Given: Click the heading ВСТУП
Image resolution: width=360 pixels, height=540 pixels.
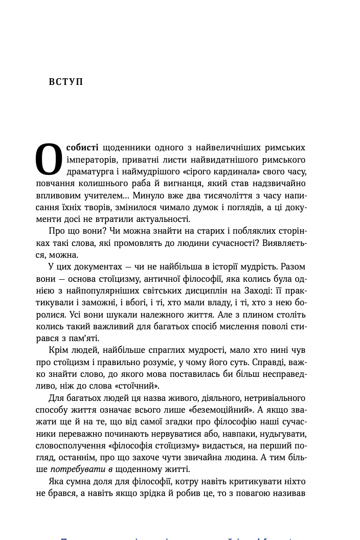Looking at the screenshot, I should [x=65, y=82].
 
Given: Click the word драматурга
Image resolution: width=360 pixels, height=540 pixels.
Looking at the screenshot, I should [x=91, y=172].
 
